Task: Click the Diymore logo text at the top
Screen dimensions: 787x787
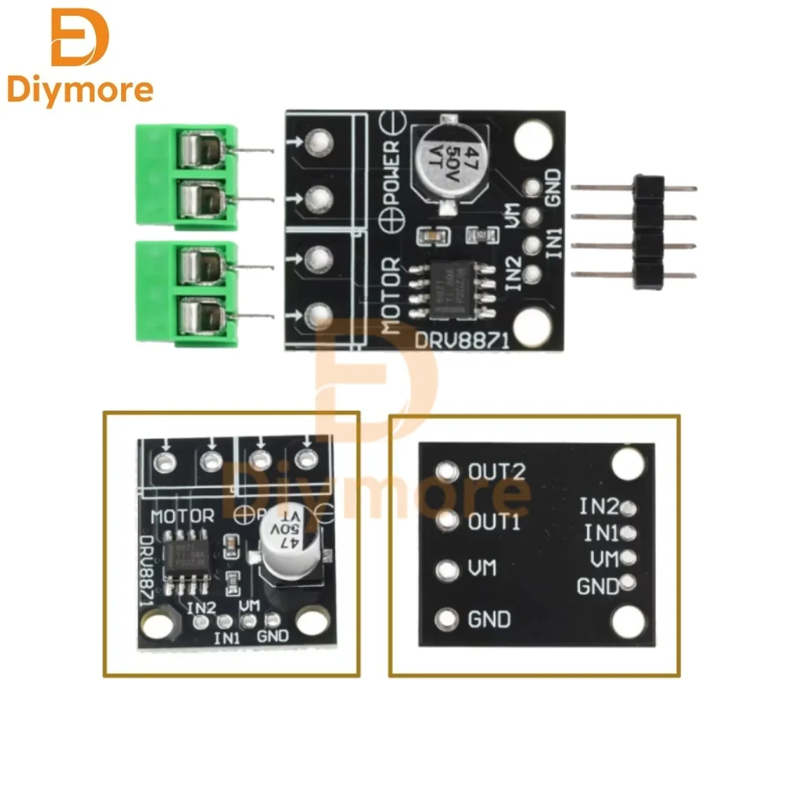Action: (80, 90)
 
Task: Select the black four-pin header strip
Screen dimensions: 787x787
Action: (650, 231)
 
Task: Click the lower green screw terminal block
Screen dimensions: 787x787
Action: (186, 291)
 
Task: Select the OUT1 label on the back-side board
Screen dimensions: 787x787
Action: (494, 521)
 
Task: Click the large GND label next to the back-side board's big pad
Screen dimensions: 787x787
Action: (489, 619)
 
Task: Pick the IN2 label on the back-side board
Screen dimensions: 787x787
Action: (599, 506)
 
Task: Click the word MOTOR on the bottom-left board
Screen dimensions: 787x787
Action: (182, 516)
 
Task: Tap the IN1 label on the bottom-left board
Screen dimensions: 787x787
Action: (227, 637)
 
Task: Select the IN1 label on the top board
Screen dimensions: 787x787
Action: (554, 237)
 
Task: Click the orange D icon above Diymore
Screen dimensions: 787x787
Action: (79, 38)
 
